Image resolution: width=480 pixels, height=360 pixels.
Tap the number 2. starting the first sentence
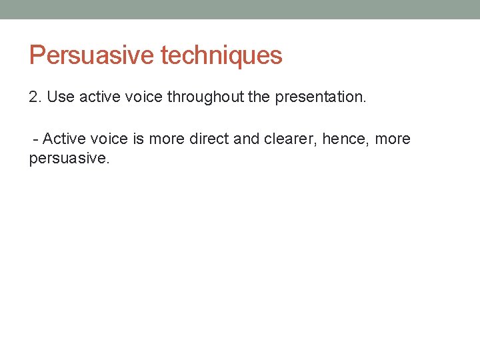tap(36, 97)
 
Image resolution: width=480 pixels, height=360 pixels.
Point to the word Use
tap(61, 97)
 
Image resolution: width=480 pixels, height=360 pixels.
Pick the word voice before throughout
tap(144, 97)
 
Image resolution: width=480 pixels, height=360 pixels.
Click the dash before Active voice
tap(36, 139)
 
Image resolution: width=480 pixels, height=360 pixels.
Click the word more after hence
tap(393, 139)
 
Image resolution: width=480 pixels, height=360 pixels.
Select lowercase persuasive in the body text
tap(68, 160)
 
